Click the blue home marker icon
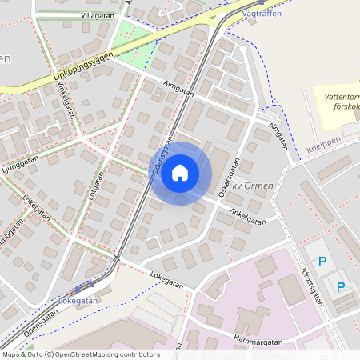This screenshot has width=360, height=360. [180, 172]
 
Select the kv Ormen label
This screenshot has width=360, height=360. [254, 186]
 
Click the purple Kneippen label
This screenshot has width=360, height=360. [322, 149]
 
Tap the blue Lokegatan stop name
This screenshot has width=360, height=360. [78, 301]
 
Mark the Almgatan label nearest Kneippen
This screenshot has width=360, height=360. [278, 134]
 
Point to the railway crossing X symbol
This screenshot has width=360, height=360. [117, 258]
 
